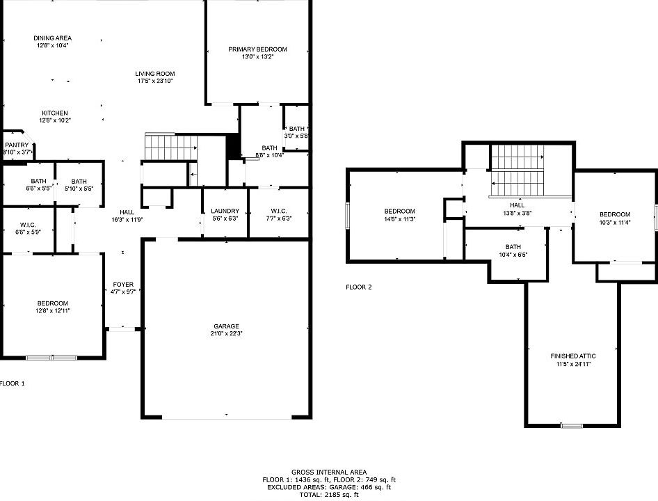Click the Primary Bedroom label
257,49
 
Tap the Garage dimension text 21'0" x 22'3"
226,334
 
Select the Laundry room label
225,211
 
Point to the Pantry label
17,145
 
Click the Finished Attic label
573,356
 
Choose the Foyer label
122,285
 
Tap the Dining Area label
52,38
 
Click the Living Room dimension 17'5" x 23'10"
154,81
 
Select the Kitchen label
54,113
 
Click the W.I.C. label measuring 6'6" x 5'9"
28,225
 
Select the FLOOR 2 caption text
359,287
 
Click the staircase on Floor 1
171,148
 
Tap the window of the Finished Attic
572,425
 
